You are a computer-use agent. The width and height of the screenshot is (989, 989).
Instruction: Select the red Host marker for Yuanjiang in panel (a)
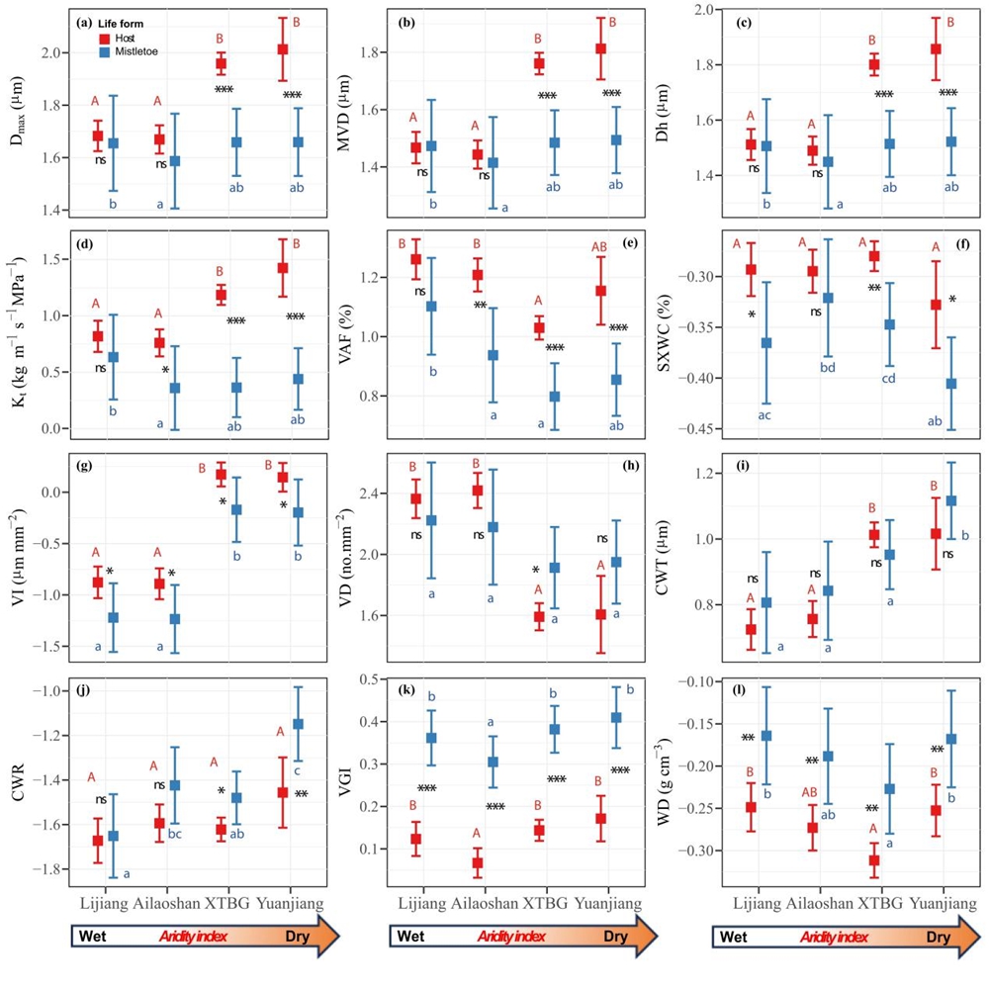pyautogui.click(x=283, y=49)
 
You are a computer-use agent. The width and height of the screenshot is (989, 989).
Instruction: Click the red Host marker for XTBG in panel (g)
pyautogui.click(x=222, y=475)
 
